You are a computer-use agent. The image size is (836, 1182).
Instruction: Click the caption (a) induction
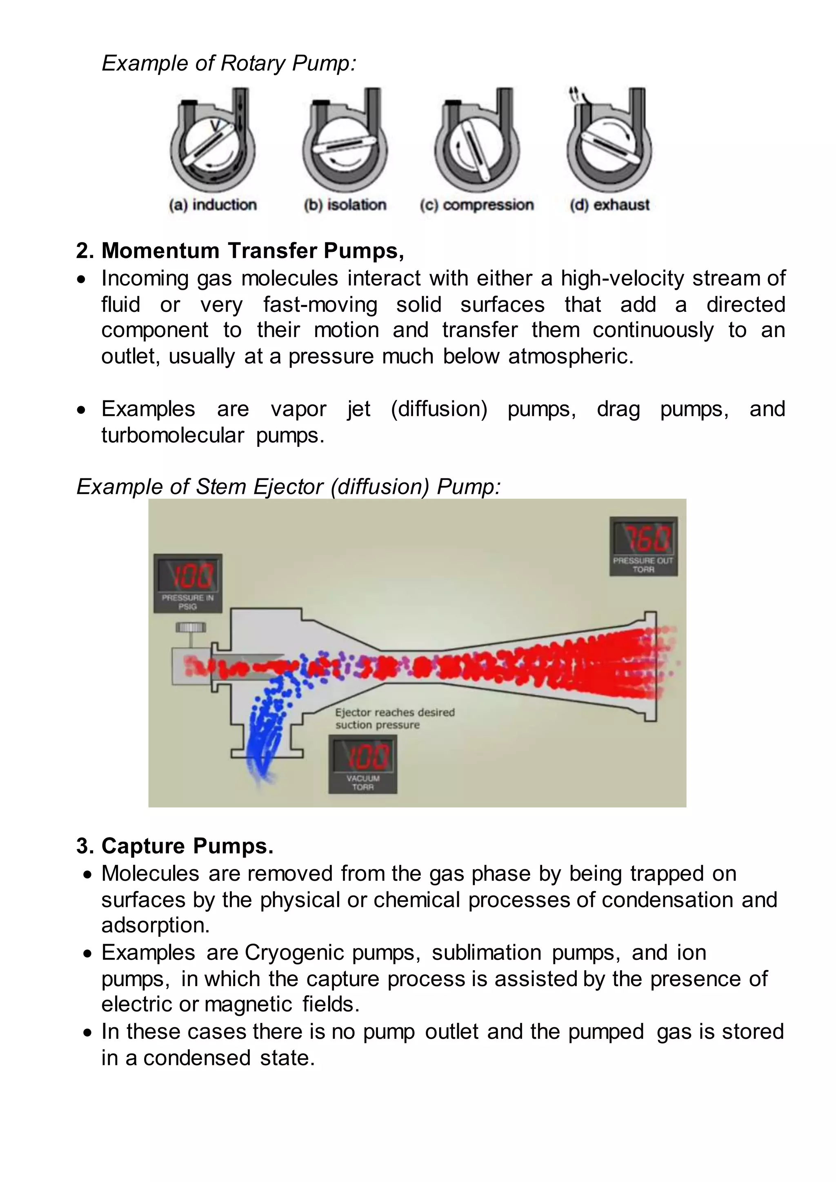[213, 205]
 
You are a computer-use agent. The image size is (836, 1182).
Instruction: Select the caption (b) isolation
[345, 205]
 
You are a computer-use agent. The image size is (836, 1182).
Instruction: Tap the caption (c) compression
[477, 205]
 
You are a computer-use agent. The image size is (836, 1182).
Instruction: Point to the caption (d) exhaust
[609, 205]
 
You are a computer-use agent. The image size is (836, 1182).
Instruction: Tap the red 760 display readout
[645, 538]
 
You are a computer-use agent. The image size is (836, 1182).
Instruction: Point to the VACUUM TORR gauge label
[363, 782]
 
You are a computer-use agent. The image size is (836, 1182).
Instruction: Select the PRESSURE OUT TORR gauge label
[643, 565]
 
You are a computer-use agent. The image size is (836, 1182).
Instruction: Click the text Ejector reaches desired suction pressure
[395, 718]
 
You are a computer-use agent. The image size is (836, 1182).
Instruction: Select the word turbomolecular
[172, 435]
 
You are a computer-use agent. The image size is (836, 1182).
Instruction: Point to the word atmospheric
[570, 356]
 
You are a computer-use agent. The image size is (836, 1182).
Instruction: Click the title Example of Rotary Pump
[229, 63]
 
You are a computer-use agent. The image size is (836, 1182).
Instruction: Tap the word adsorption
[156, 925]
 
